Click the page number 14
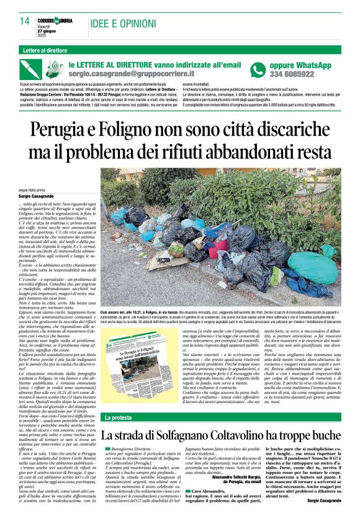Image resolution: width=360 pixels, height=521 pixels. tap(24, 21)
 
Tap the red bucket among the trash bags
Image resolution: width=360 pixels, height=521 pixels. tap(215, 233)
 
